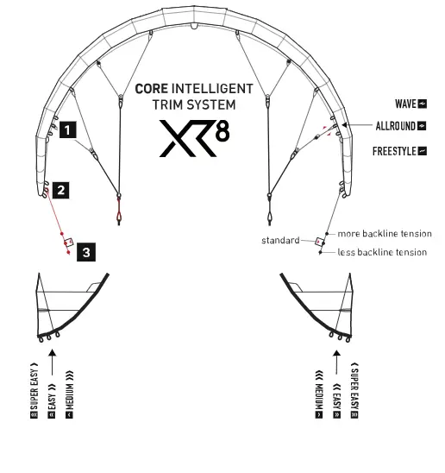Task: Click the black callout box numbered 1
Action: coord(68,129)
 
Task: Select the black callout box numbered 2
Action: coord(61,190)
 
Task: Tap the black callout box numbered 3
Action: coord(86,252)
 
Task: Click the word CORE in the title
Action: coord(151,89)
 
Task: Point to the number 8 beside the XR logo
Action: coord(222,130)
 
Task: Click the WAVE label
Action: coord(406,104)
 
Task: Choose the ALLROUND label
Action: coord(396,126)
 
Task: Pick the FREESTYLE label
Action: coord(394,151)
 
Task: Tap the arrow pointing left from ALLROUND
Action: coord(357,124)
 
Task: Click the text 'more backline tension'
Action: coord(385,234)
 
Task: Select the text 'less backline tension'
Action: coord(382,252)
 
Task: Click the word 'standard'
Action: coord(280,240)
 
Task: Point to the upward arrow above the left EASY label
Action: coord(52,363)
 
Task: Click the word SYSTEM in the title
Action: coord(211,104)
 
